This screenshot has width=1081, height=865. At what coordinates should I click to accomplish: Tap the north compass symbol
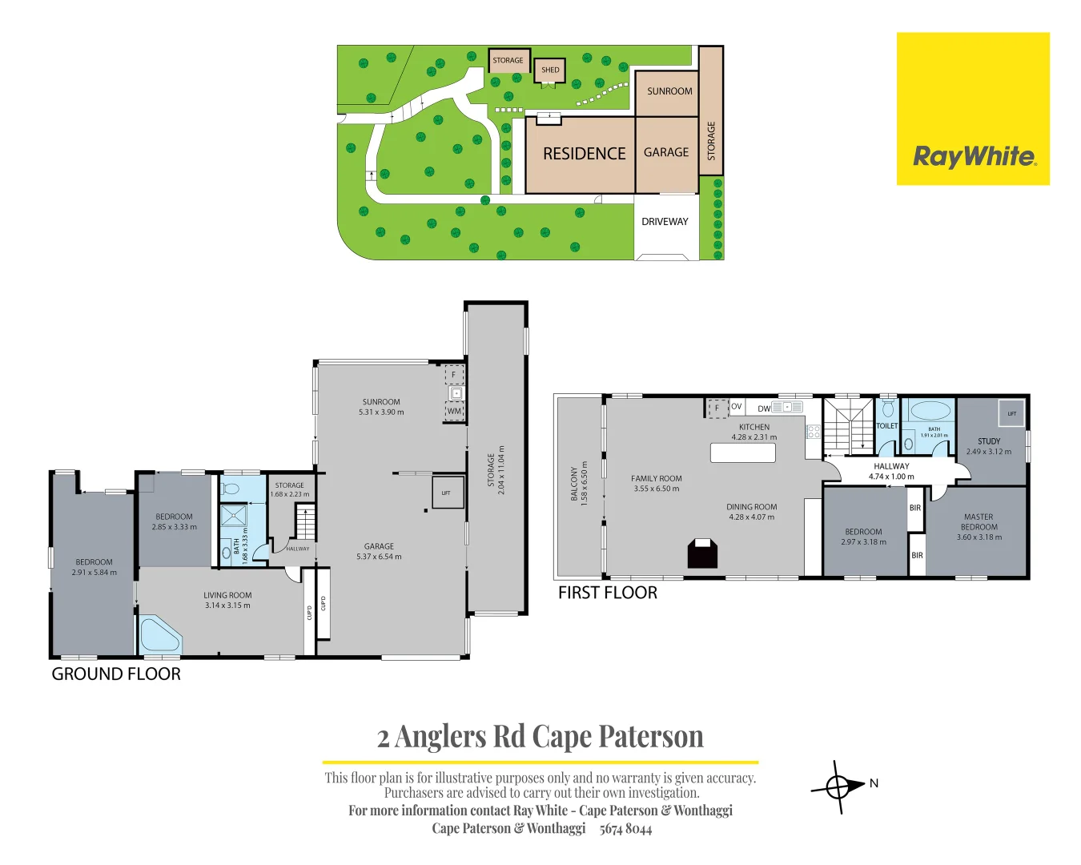click(838, 787)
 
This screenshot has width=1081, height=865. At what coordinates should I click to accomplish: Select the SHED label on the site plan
click(550, 70)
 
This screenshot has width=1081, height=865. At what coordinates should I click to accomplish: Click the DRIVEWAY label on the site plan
click(665, 222)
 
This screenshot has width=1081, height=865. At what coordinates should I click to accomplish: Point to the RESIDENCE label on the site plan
click(584, 154)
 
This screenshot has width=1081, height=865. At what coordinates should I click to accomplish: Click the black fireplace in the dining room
click(702, 554)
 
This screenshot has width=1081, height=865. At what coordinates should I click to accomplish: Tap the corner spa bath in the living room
click(159, 635)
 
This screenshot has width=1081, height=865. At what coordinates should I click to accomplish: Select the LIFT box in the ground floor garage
click(446, 493)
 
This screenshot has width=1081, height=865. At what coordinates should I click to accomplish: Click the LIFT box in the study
click(1011, 413)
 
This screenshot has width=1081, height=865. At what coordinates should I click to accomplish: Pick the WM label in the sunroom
click(455, 412)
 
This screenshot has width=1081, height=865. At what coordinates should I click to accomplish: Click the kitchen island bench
click(743, 453)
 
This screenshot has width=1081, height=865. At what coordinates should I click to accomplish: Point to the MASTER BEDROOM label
click(979, 522)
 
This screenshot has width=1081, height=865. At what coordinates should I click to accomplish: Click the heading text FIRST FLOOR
click(607, 593)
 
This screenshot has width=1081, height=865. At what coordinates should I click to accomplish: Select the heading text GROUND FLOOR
click(116, 674)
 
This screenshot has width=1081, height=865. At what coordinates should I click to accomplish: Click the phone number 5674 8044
click(625, 829)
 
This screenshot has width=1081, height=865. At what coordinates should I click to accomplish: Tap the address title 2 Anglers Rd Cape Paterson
click(540, 736)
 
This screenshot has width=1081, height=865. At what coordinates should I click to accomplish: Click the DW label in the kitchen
click(764, 408)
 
